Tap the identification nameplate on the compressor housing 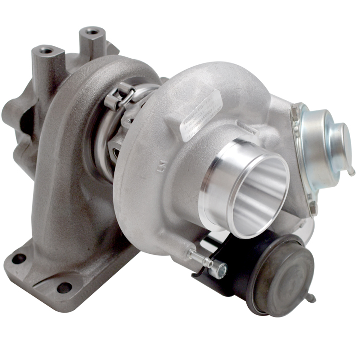coord(200,116)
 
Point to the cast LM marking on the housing coord(161,167)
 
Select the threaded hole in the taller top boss coord(93,32)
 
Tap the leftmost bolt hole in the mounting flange coord(19,258)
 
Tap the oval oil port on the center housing coord(114,153)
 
